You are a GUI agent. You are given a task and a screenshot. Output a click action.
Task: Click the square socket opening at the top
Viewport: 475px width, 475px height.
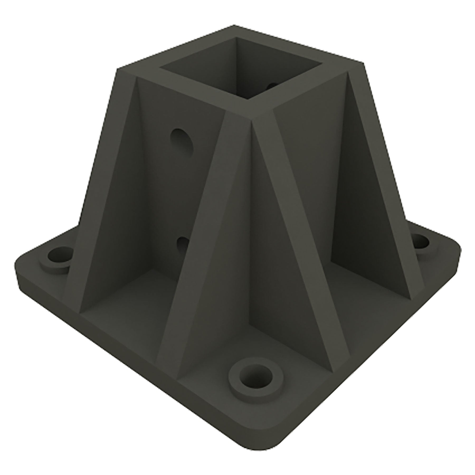[x=241, y=71]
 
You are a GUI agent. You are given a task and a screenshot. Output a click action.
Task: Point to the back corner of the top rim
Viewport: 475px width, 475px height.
[x=234, y=26]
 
